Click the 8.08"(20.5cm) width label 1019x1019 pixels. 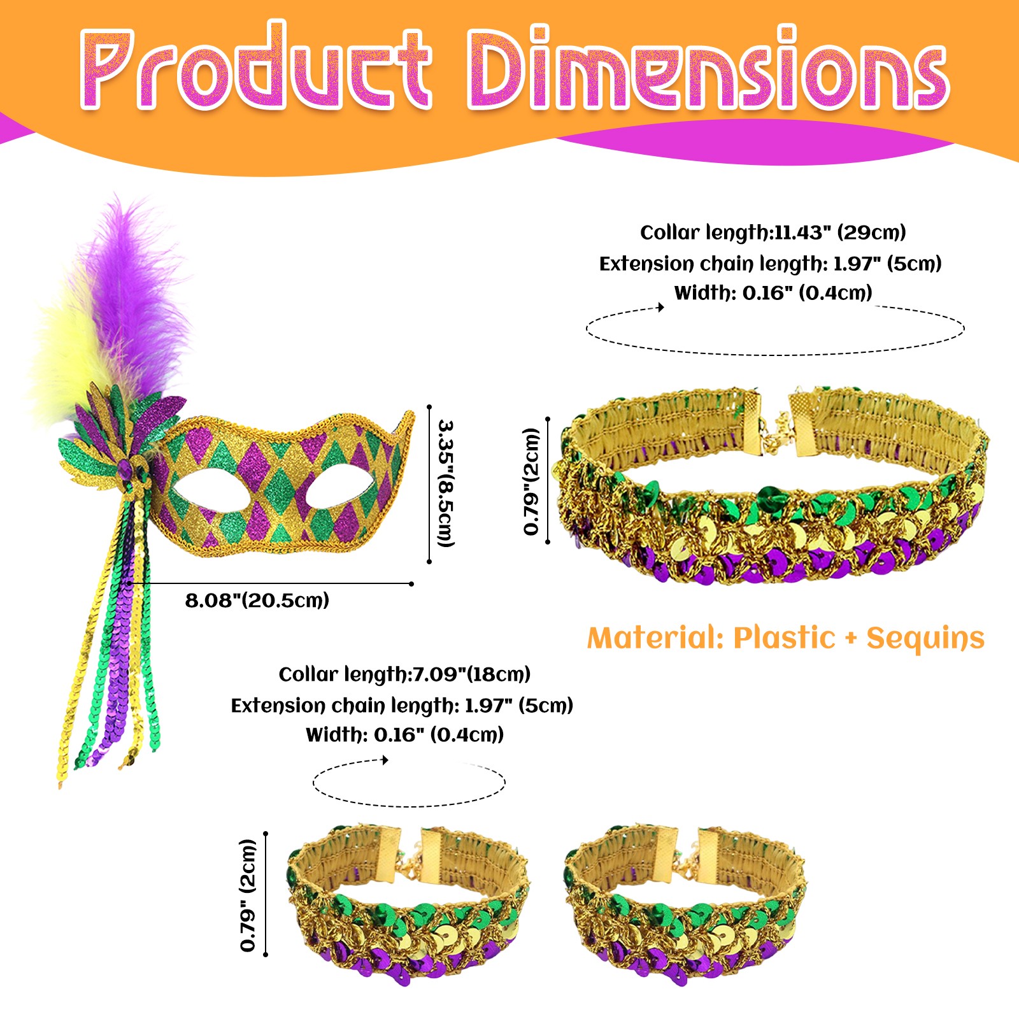(x=257, y=601)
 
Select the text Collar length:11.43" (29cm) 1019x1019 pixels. (x=773, y=232)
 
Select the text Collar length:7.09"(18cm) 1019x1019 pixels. (x=404, y=674)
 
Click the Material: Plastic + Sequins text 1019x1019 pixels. (x=785, y=638)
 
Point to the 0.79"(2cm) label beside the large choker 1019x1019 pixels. (x=531, y=481)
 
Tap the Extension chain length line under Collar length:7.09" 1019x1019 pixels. (x=402, y=706)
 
